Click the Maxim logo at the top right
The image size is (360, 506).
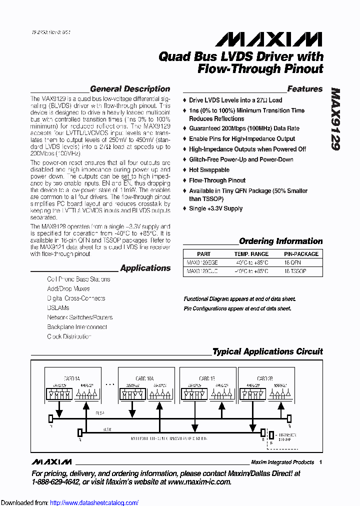[x=264, y=39]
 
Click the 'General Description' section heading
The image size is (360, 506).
[x=129, y=89]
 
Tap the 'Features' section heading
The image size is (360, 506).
[x=304, y=89]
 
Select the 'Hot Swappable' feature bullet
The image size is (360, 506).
[x=209, y=170]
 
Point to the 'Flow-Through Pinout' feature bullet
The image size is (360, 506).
[x=217, y=180]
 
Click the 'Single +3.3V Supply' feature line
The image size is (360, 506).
[x=215, y=208]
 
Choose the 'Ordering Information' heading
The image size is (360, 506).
[x=280, y=241]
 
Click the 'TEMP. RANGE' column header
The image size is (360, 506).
[x=251, y=254]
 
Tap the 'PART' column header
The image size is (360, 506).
[x=203, y=254]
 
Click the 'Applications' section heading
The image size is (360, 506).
[x=145, y=268]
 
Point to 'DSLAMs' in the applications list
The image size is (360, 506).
[x=58, y=308]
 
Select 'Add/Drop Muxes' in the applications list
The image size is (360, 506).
[x=68, y=289]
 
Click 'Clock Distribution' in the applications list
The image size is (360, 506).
[x=69, y=336]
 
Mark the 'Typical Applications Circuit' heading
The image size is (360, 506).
[x=267, y=351]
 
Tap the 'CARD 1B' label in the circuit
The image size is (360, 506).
[x=204, y=378]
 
